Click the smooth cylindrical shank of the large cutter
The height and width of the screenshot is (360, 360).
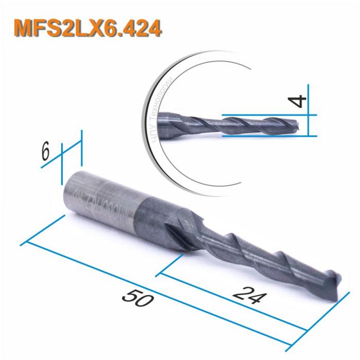click(x=103, y=195)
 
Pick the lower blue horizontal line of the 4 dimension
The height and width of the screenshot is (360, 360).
click(x=267, y=136)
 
